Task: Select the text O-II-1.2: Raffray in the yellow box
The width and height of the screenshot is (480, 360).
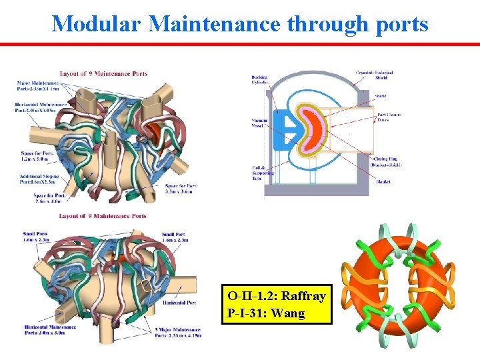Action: (x=276, y=296)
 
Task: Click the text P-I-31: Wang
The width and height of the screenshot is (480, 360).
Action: (x=266, y=313)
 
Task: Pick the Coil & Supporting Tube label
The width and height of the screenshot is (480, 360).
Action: (x=259, y=172)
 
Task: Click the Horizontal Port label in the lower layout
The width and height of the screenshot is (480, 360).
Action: (x=178, y=303)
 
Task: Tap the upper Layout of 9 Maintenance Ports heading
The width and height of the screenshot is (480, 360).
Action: (x=103, y=73)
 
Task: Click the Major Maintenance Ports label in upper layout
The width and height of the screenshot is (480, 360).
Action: (x=39, y=86)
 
